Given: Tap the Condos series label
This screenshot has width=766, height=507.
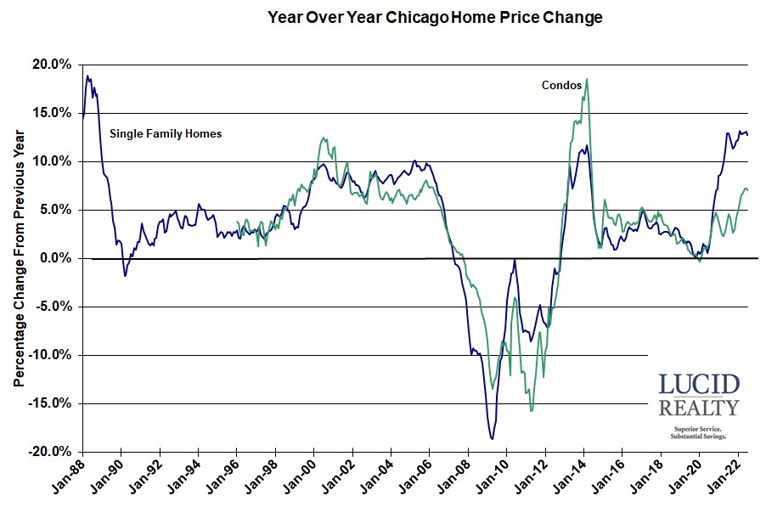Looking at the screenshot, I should tap(561, 85).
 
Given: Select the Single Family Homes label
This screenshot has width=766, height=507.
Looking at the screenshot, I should tap(166, 133).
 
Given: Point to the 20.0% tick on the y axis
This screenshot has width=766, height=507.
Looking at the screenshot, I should tap(53, 65).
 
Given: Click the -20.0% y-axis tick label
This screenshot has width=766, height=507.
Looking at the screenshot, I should tap(50, 452).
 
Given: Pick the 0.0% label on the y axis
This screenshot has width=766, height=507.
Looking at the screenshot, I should tap(56, 258).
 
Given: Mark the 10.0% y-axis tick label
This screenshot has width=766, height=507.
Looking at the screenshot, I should tap(53, 161).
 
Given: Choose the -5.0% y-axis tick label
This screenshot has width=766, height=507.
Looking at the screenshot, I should tap(53, 307).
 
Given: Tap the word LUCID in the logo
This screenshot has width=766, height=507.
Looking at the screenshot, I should tap(699, 384).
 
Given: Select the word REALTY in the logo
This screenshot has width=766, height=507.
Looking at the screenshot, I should tap(699, 408).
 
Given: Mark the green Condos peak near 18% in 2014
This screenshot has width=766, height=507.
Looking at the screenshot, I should tap(587, 80).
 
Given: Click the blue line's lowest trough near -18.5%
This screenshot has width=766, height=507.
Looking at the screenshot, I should tap(492, 438).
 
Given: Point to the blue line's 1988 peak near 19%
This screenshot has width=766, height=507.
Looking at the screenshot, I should tap(87, 76).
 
